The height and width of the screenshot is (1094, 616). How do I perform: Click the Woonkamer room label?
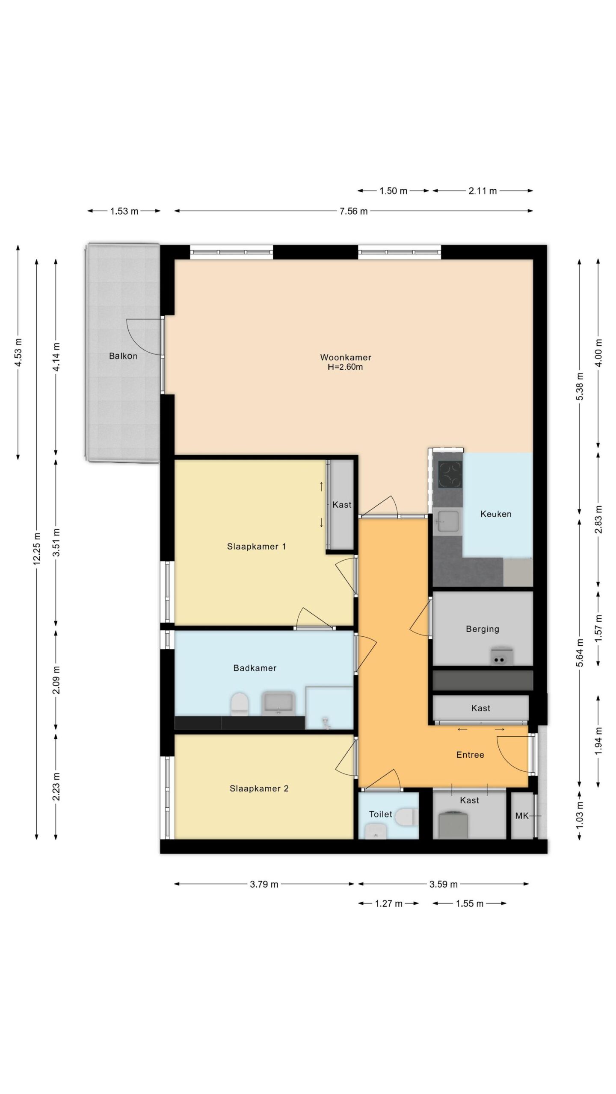coord(346,357)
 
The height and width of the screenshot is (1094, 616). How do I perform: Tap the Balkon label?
coord(123,356)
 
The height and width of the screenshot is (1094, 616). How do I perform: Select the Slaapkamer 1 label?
coord(256,546)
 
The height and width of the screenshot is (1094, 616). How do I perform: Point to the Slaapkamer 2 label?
coord(259,788)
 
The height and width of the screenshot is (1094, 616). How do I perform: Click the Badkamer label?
coord(255,668)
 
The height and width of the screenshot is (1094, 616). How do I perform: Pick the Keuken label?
coord(496,514)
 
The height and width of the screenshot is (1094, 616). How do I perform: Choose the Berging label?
coord(483,629)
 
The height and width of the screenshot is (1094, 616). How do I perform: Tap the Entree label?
coord(470,755)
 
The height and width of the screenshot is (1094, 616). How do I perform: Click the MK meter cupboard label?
coord(522,816)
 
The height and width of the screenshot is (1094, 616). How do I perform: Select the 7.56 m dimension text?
coord(354,211)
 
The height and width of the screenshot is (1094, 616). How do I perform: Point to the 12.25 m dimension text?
coord(37,548)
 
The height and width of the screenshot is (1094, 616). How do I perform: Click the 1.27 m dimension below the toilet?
coord(388,903)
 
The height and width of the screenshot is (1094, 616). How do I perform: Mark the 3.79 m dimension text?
coord(264,884)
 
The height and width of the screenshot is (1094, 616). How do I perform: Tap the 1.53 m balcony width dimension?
coord(124,211)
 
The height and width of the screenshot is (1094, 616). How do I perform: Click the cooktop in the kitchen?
coord(450,474)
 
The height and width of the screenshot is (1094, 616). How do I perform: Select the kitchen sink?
coord(447,521)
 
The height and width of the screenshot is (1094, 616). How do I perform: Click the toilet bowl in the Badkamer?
coord(240,704)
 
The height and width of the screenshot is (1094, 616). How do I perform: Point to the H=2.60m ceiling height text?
coord(345,367)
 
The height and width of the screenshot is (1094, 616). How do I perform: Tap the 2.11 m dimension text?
coord(483,191)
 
